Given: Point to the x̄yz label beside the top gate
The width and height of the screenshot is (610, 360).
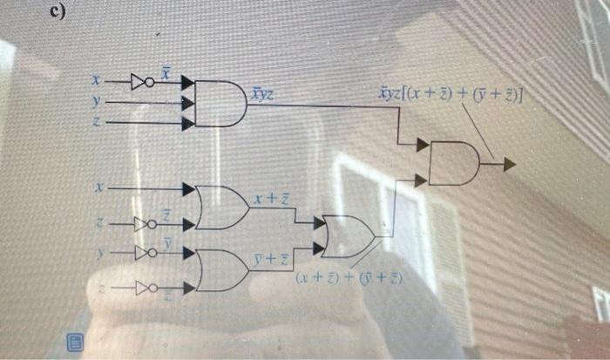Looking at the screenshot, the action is click(x=261, y=92).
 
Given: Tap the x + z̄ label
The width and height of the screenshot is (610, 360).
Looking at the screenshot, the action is click(x=272, y=201).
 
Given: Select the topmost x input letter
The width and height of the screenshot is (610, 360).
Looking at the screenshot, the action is click(x=98, y=82).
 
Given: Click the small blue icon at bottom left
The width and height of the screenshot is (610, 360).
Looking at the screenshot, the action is click(x=75, y=340).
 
